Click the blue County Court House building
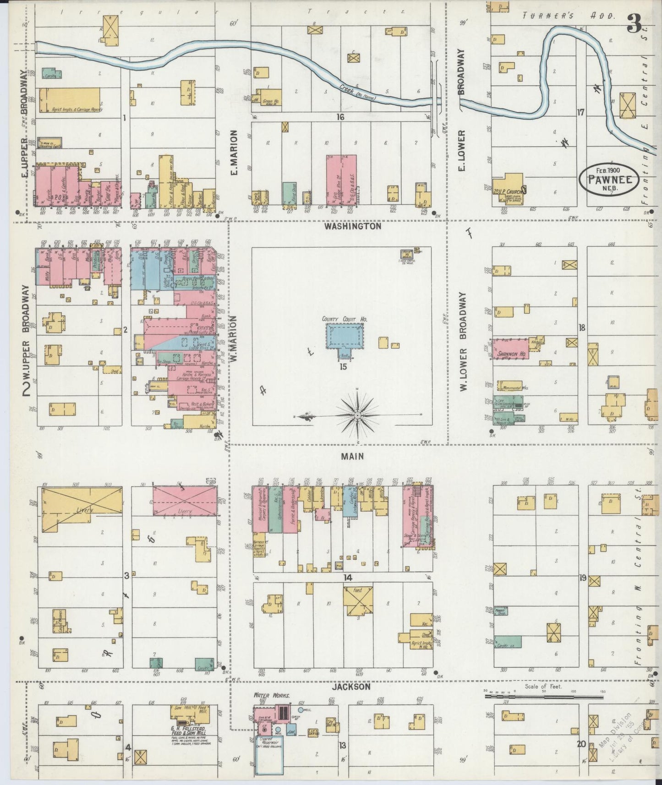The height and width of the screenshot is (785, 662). coord(345,338)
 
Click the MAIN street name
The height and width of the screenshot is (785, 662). coord(352,456)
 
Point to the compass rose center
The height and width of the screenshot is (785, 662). coord(357,415)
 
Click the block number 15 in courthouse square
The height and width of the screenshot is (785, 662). coord(343,366)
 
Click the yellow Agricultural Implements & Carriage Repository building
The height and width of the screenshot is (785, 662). coord(70,99)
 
